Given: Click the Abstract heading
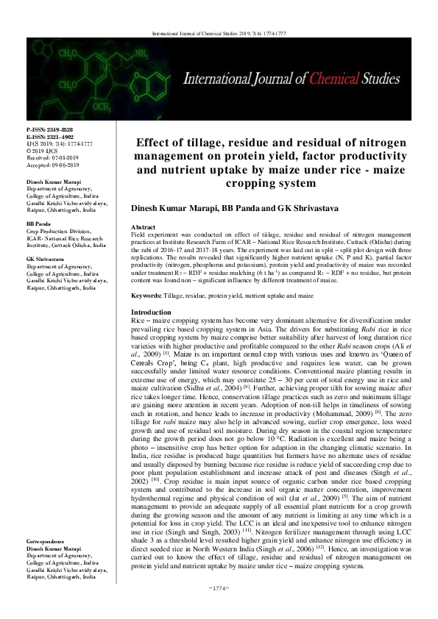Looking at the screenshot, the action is pos(142,229).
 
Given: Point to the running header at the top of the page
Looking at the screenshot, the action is pos(219,34).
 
